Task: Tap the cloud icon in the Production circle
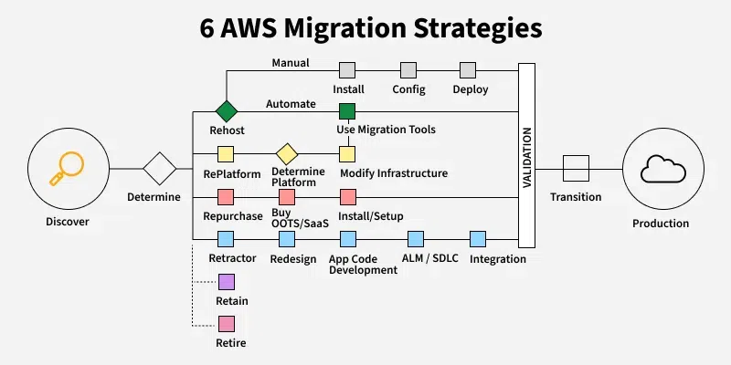(660, 169)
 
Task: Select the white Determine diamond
(160, 169)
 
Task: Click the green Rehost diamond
(226, 111)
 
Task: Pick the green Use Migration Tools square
(347, 111)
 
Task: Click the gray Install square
(347, 70)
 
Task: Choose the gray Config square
(408, 70)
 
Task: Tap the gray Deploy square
(468, 70)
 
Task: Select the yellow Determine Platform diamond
(287, 153)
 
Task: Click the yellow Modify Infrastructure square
(347, 153)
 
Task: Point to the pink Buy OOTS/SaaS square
(287, 196)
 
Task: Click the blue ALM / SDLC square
(416, 239)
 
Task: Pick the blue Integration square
(477, 239)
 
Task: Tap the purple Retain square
(226, 281)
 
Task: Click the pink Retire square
(226, 323)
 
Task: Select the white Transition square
(576, 169)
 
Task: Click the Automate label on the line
(291, 104)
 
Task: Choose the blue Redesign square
(287, 239)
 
